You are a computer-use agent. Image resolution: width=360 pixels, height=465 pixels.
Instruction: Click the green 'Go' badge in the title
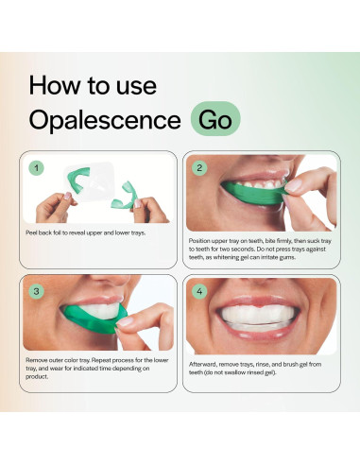214,120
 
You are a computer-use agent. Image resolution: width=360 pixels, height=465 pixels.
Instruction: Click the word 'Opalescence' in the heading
104,120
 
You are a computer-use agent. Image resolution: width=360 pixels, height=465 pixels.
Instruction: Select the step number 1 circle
37,168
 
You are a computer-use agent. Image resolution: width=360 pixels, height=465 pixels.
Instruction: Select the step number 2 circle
199,168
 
